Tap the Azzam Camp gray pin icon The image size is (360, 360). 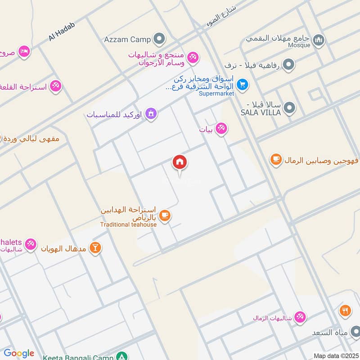coord(158,39)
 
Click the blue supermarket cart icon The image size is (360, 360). coord(242,84)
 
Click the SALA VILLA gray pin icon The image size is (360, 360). coord(290,108)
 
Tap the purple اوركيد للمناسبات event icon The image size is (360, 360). coord(152,114)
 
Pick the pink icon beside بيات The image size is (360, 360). coord(221,129)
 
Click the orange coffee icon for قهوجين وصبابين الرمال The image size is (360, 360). coord(276,159)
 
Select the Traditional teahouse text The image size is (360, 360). coord(128,225)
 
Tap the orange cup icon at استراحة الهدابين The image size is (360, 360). coord(165,216)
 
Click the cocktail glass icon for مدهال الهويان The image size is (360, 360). coord(95,247)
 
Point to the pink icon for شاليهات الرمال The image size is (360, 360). coord(300,317)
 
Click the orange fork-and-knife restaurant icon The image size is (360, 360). coord(345,310)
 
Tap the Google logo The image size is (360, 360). coord(19,353)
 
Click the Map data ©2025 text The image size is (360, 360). coord(336,355)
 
